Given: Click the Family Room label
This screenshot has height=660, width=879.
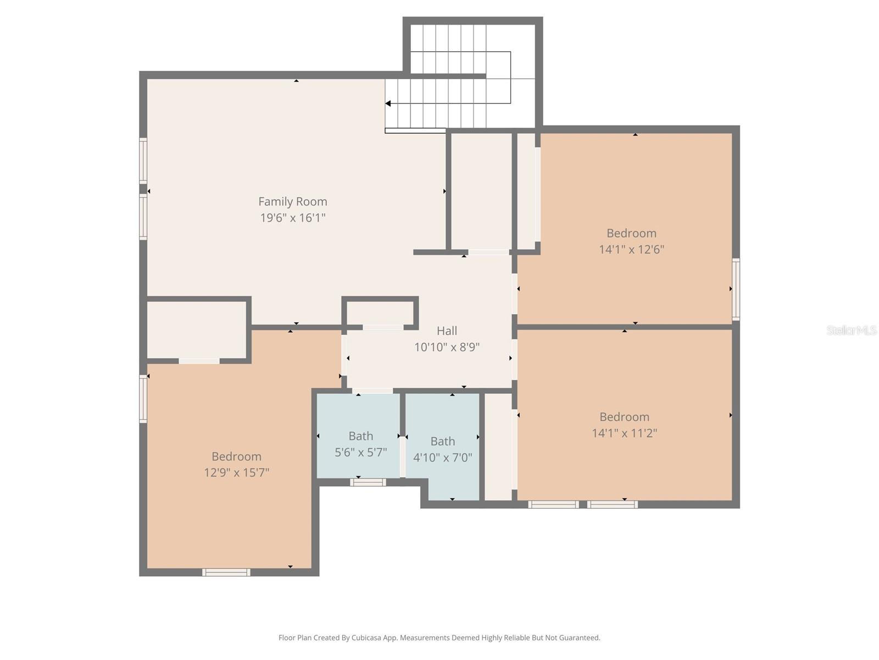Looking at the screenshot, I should [292, 202].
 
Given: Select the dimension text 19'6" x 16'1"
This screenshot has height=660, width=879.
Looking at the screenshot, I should [292, 218].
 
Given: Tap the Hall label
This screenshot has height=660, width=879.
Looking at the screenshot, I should [447, 331].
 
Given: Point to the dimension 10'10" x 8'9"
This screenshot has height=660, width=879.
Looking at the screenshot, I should [447, 347].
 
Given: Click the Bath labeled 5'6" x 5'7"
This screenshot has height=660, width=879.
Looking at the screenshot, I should [360, 436].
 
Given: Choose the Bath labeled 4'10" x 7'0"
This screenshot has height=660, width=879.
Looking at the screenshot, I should [442, 442].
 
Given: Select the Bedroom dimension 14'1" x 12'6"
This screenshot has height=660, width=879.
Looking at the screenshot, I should [631, 249].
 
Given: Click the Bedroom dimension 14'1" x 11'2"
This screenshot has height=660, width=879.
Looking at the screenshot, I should [624, 433].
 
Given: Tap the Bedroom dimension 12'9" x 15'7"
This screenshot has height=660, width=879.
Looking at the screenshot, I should [236, 472].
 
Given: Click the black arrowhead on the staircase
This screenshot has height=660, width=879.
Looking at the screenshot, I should [388, 103].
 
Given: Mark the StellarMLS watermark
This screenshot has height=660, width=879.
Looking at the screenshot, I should [851, 330].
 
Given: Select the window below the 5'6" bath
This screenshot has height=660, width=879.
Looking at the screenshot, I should [368, 482].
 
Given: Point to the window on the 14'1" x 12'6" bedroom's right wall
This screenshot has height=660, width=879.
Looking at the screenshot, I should [736, 289].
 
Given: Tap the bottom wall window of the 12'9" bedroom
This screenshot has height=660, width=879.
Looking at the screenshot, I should [226, 573].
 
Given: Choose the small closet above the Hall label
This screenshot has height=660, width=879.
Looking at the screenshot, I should [380, 312].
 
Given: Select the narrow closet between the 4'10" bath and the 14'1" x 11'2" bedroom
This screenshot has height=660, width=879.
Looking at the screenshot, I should [498, 447].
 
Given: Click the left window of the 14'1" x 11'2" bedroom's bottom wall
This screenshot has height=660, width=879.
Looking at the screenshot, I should [553, 504].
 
